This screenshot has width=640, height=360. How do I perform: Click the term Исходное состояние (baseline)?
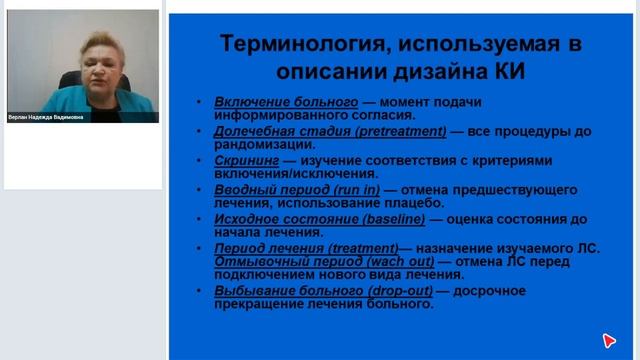[x=312, y=218]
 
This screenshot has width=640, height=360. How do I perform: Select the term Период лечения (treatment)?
[x=305, y=247]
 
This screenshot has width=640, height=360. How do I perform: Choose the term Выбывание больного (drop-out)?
[x=317, y=290]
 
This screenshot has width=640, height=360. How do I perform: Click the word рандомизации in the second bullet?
[x=261, y=144]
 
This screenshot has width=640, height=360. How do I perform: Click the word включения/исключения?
[x=289, y=173]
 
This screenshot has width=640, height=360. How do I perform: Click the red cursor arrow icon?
[x=609, y=341]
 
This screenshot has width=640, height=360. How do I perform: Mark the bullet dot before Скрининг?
[x=205, y=161]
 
